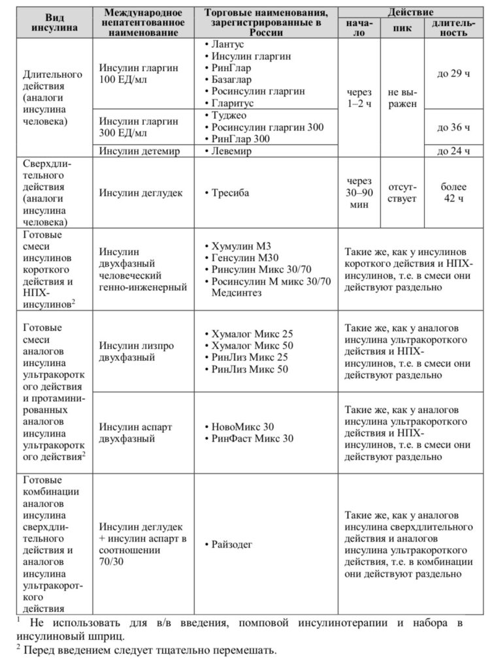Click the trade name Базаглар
click(231, 80)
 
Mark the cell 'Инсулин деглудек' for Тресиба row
click(140, 193)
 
